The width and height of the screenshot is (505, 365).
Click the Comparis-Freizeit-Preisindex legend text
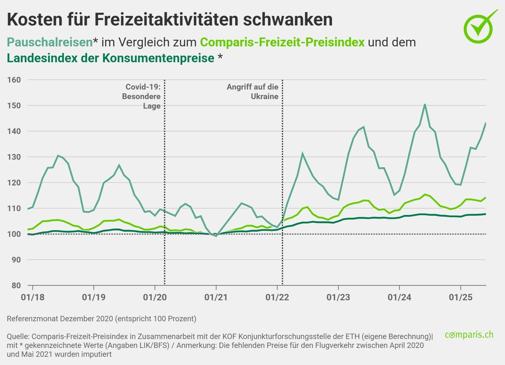[282, 42]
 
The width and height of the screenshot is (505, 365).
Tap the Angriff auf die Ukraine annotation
[252, 92]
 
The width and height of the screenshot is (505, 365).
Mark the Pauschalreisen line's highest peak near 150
[425, 104]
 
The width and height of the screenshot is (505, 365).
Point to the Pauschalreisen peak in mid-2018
[58, 156]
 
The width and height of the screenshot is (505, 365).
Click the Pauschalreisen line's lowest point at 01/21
[216, 236]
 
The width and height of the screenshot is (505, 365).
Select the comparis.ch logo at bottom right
[469, 335]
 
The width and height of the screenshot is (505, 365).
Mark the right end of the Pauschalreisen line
[486, 123]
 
